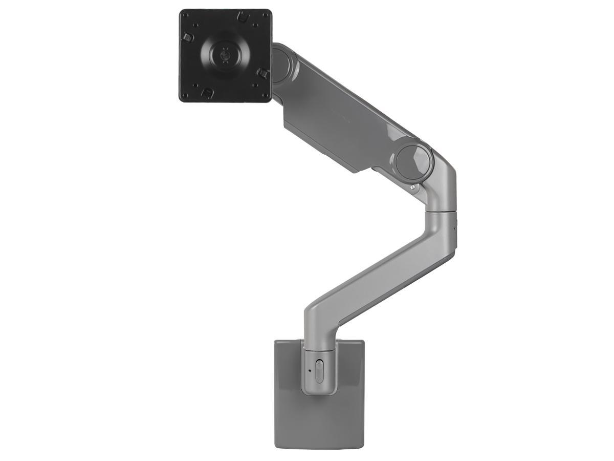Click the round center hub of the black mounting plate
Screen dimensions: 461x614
coord(225,54)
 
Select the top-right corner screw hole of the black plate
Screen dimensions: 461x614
coord(264,16)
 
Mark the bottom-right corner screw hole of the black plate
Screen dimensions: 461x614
coord(264,95)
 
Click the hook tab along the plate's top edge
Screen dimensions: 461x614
coord(244,17)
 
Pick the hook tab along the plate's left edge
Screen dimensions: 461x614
coord(188,37)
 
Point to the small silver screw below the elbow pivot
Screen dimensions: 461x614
coord(412,187)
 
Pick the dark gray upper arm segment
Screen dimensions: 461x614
coord(348,118)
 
